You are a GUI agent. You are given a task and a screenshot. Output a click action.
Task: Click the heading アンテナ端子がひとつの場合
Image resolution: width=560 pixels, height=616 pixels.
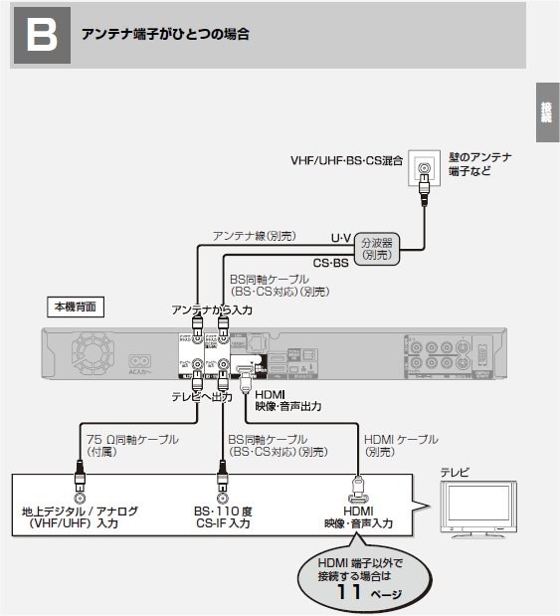coord(164,35)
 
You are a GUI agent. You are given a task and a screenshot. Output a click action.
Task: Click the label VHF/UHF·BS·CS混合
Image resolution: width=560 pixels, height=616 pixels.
coord(347,159)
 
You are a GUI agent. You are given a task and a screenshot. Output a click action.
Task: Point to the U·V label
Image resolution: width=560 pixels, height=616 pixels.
coord(340,237)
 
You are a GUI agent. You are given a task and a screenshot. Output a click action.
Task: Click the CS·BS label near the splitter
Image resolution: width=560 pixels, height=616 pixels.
coord(330,263)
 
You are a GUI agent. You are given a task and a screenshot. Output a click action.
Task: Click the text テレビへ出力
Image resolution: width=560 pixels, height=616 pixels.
coord(203,396)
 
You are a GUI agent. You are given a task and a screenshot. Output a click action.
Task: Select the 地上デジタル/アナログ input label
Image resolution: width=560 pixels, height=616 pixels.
coord(80,516)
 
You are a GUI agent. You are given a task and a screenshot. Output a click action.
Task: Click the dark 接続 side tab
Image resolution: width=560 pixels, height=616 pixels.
coord(546,111)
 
